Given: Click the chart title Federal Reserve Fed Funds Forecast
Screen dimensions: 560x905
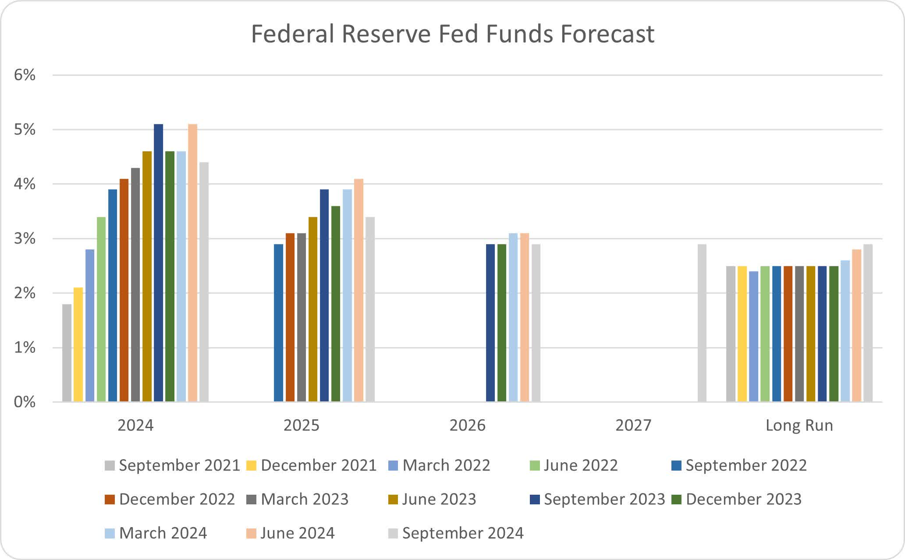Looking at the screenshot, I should point(452,34).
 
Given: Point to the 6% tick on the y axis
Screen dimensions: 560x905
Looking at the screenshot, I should point(25,75).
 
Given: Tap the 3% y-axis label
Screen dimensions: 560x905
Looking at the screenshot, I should point(25,239).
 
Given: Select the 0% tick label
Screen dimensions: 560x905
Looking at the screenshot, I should point(25,402).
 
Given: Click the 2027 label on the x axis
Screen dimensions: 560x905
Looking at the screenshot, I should point(633,425).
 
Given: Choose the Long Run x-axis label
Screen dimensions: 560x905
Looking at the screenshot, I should point(799,425).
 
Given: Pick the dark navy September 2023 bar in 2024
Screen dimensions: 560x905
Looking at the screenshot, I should point(158,263).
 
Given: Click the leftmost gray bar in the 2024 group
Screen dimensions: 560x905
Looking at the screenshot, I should point(67,353).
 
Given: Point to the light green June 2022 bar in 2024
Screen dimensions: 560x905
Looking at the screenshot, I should point(101,309).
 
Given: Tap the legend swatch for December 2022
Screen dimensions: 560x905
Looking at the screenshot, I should point(110,500).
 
